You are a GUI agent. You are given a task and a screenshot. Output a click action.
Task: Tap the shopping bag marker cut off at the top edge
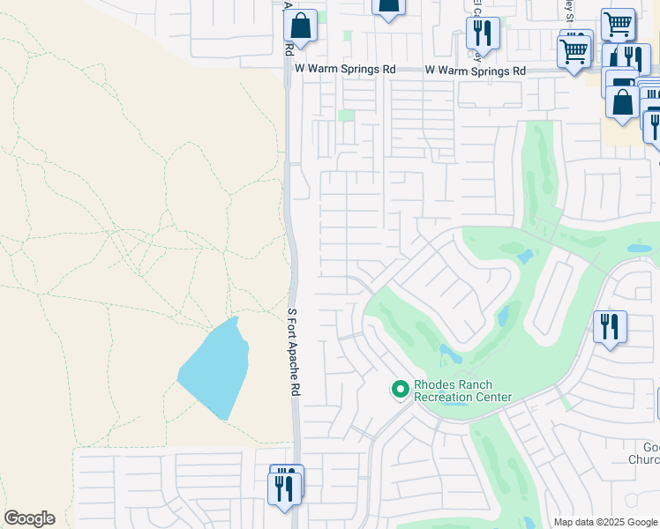[388, 7]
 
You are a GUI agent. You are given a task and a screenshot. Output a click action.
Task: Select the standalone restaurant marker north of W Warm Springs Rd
[483, 34]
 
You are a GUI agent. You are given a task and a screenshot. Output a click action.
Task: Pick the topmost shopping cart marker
[618, 24]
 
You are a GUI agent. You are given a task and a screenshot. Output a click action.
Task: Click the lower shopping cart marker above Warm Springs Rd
[574, 51]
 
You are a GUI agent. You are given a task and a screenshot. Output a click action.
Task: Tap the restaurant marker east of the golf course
[610, 327]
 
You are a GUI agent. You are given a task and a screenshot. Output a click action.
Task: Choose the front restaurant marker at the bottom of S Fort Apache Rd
[284, 488]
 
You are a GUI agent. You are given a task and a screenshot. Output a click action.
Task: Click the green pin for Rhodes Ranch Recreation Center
[400, 388]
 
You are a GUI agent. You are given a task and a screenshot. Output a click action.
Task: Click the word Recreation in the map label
[446, 398]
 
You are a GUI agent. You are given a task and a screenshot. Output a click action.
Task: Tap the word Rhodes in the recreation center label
[432, 385]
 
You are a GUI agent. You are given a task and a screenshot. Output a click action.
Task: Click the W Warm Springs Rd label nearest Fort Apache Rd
[345, 69]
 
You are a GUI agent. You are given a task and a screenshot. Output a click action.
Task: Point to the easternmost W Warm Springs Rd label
[475, 70]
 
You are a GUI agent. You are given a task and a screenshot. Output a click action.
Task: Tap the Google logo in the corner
[29, 518]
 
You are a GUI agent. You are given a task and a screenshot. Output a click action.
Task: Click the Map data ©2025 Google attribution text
[605, 522]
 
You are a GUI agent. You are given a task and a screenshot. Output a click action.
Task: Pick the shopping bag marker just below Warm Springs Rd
[623, 102]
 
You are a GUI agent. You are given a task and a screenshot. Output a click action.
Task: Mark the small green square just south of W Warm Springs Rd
[347, 115]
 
